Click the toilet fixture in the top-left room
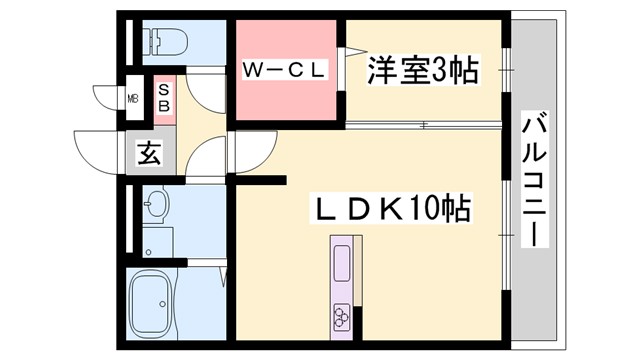(162, 42)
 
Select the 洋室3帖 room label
(421, 71)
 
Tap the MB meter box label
(133, 98)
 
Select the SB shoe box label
(163, 97)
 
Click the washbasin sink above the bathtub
(156, 206)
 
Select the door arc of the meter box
(108, 98)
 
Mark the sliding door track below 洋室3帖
(420, 125)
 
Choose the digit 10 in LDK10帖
(426, 210)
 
